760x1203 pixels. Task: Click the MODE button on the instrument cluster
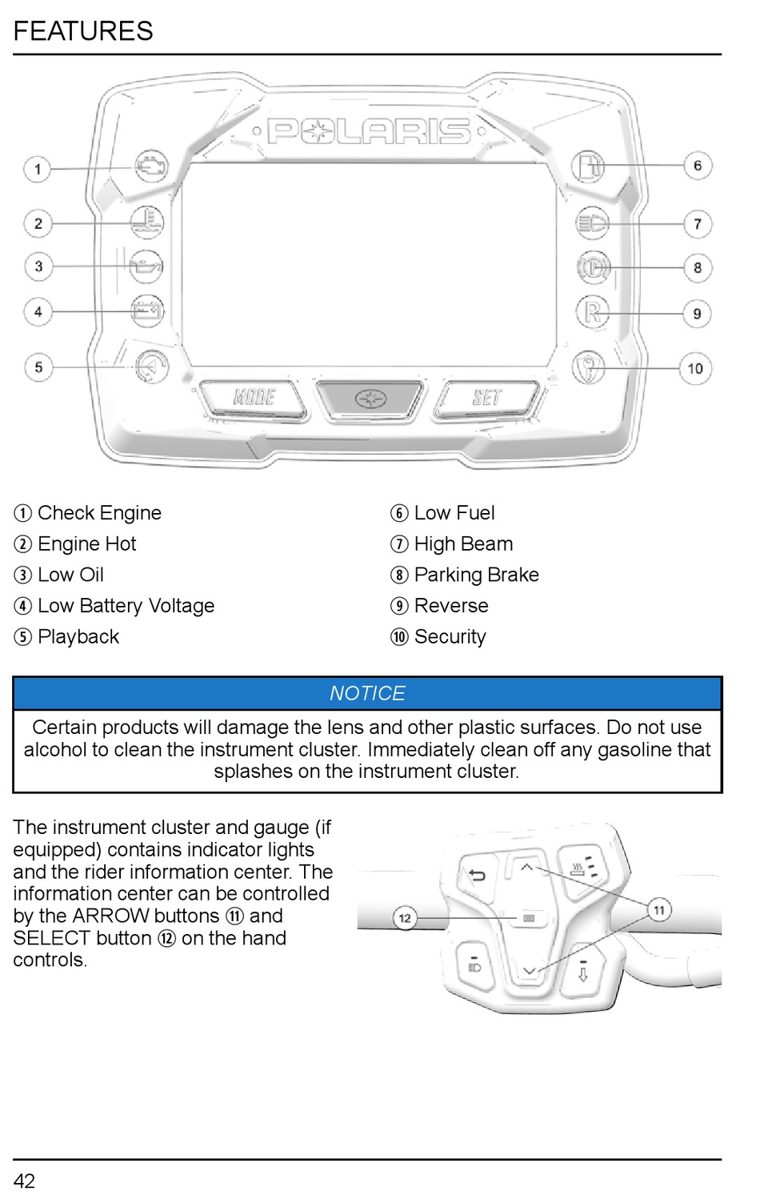pos(254,397)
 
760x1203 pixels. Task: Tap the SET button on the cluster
pos(486,398)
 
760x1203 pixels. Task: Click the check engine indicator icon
pos(150,166)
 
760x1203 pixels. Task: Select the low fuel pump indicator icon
pos(588,166)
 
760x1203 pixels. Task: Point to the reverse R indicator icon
pos(592,312)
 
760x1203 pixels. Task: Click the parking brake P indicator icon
pos(593,267)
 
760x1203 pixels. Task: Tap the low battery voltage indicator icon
pos(147,311)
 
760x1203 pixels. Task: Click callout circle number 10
pos(695,369)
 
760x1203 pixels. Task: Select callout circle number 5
pos(38,367)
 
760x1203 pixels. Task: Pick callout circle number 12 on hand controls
pos(405,918)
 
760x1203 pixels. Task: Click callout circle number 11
pos(659,910)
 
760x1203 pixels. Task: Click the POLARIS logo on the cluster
pos(369,131)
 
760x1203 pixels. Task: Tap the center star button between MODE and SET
pos(370,398)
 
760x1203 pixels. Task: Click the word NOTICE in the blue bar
pos(367,693)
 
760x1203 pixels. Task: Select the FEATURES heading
pos(83,31)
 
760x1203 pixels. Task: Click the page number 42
pos(24,1181)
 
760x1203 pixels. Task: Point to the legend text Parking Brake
pos(476,575)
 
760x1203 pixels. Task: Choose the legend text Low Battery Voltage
pos(126,606)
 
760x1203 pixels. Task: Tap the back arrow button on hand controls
pos(478,876)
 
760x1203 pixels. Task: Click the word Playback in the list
pos(78,637)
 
